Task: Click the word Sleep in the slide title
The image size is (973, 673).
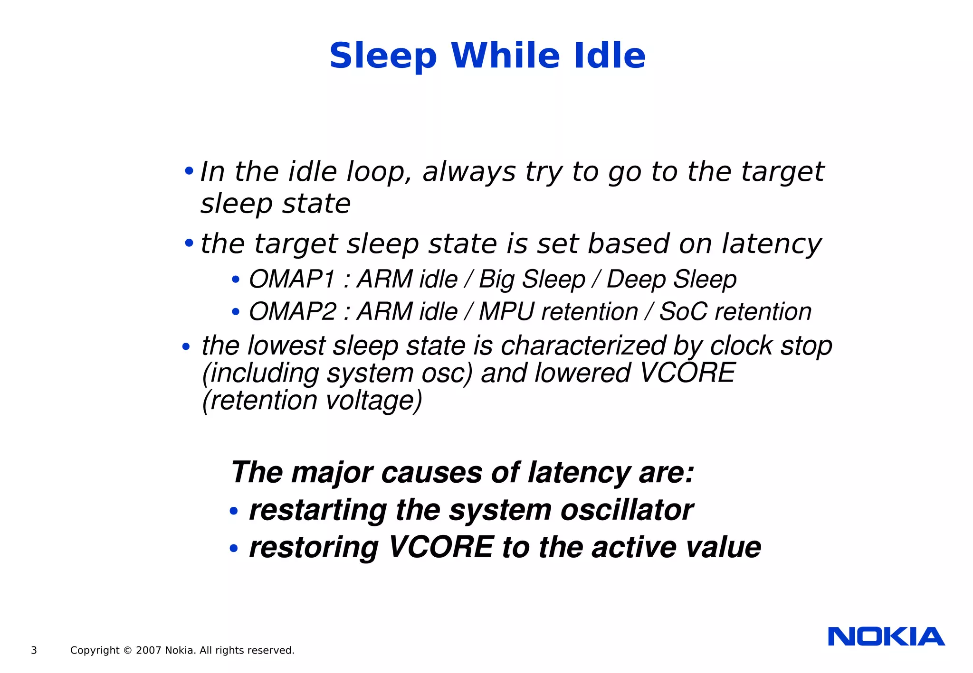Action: coord(383,56)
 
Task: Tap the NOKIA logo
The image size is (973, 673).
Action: coord(886,636)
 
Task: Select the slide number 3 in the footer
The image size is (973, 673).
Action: coord(34,650)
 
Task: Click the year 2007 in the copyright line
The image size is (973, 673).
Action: coord(149,650)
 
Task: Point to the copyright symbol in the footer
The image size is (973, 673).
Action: coord(127,650)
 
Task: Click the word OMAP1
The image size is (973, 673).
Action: coord(292,279)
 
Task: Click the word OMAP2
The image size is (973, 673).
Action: coord(292,312)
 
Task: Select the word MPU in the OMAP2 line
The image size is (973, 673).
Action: coord(506,312)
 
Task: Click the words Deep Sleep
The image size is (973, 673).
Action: coord(671,279)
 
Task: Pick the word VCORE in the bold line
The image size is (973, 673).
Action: coord(441,547)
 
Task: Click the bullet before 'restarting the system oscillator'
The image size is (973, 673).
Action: coord(233,512)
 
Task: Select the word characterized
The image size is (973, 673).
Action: coord(583,346)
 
